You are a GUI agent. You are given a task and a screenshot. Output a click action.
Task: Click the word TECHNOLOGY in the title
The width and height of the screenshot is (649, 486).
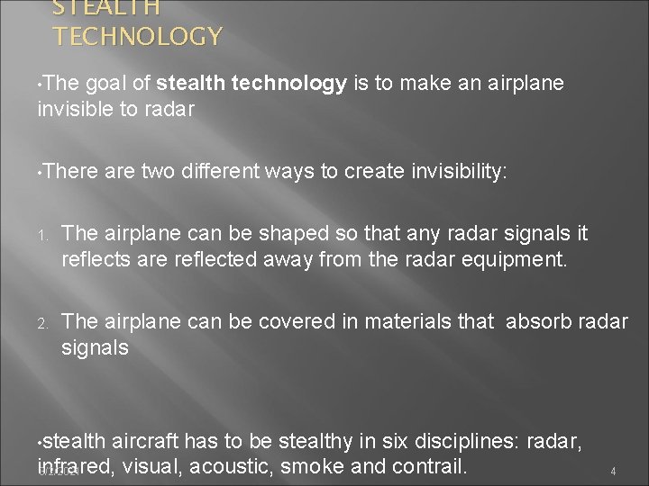tap(137, 37)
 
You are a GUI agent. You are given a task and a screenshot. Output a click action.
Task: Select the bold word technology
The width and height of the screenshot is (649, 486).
tap(291, 84)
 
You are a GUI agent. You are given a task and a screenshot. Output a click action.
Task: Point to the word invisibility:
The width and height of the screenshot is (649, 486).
tap(455, 172)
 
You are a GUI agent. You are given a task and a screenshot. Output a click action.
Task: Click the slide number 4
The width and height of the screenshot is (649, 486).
tap(613, 472)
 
